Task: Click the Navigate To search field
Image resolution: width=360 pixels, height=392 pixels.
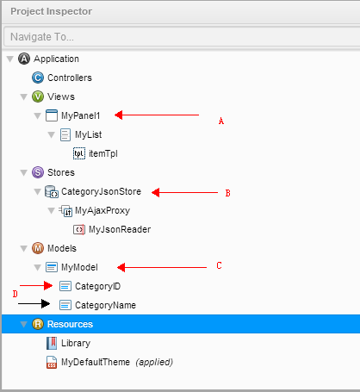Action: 182,37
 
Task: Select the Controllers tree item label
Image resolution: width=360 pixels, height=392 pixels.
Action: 70,78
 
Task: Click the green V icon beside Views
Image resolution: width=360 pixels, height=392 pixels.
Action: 38,96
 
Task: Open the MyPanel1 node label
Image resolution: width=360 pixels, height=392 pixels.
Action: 80,115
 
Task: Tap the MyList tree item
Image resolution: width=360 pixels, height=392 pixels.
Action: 88,134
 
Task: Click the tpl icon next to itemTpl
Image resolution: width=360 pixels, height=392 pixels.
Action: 79,153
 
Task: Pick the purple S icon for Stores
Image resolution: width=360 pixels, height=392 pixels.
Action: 38,172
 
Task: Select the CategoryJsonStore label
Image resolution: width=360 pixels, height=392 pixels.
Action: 101,191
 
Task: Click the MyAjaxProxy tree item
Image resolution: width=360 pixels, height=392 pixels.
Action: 102,210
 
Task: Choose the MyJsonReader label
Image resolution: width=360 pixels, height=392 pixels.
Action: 120,229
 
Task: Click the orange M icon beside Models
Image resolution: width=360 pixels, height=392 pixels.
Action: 38,248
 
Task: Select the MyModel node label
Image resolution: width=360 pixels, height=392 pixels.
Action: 79,267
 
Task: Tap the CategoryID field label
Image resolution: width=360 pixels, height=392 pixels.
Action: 97,286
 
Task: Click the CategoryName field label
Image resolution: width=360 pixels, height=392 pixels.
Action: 105,305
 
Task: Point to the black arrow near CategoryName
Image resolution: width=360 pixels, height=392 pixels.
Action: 34,303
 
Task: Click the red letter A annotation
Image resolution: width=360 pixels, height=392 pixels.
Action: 221,121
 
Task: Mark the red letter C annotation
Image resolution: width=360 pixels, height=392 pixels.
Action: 219,265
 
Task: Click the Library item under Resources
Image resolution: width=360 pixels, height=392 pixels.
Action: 76,343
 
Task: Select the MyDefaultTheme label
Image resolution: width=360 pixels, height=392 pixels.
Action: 96,362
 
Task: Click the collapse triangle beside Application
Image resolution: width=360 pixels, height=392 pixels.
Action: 10,59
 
